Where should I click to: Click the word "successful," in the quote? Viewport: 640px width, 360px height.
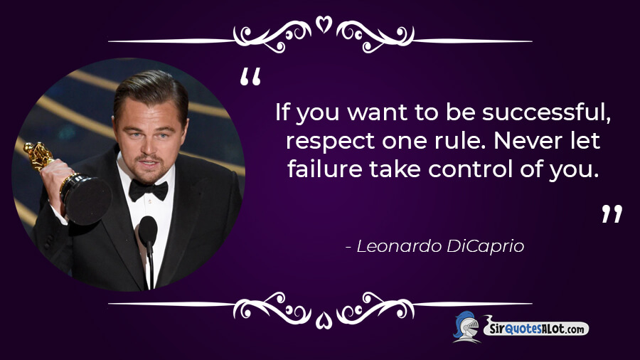(x=547, y=112)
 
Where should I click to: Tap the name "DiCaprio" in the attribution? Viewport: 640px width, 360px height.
(x=485, y=247)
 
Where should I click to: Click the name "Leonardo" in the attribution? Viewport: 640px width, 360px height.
(x=399, y=246)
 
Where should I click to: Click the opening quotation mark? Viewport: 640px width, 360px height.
(x=250, y=77)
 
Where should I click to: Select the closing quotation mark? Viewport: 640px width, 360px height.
(x=612, y=213)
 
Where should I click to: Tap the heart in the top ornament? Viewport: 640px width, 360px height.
(x=324, y=24)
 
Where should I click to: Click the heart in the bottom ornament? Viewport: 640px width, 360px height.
(x=324, y=320)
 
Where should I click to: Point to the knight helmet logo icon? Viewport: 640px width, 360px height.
(x=466, y=327)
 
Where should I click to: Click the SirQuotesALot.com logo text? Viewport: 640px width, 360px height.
(x=536, y=328)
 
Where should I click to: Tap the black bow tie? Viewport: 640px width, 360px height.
(x=148, y=190)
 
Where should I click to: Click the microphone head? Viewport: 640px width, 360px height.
(x=148, y=230)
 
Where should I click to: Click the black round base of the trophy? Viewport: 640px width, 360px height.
(x=87, y=200)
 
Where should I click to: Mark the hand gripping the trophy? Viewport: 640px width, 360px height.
(x=58, y=184)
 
